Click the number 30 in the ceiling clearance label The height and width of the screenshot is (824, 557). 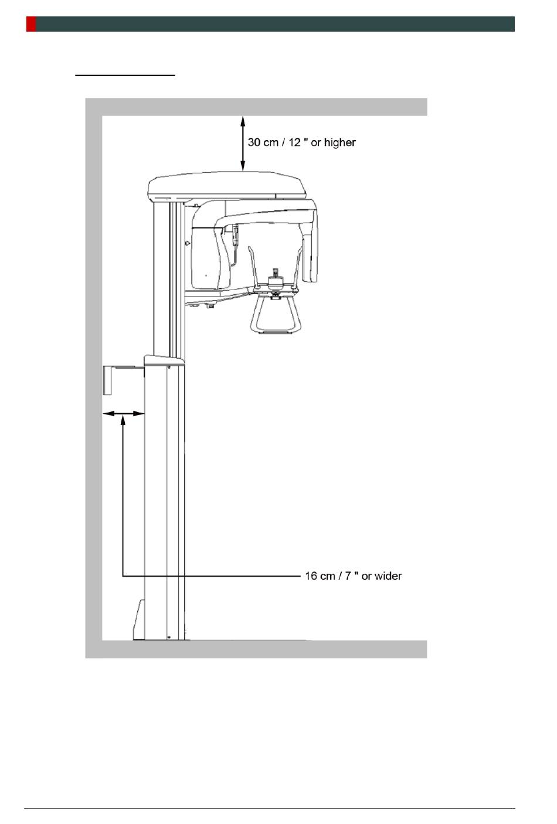coord(255,142)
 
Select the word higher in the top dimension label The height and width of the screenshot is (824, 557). coord(340,142)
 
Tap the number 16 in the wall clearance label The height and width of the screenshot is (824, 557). coord(311,576)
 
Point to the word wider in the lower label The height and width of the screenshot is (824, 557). coord(388,576)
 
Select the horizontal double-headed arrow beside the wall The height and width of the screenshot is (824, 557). coord(124,413)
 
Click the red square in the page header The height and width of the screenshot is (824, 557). coord(31,24)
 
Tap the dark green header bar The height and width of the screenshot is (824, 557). coord(276,24)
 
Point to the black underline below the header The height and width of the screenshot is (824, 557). coord(125,76)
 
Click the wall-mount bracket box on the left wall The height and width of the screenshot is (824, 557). coord(111,379)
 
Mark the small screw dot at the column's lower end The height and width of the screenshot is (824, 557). coord(169,636)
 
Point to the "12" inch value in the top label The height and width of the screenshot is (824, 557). coord(294,142)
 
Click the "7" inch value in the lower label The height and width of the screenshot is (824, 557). coord(347,576)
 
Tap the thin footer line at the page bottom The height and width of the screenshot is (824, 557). coord(270,809)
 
